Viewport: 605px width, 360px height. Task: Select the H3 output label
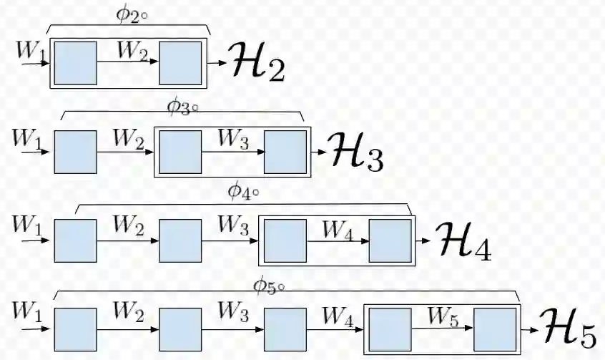click(357, 152)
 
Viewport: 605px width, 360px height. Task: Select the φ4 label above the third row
click(243, 193)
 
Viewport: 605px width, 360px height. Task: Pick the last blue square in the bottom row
click(495, 329)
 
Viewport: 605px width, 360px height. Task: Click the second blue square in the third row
click(180, 240)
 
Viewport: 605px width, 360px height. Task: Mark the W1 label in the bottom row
click(27, 312)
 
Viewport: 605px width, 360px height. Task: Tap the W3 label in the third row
click(233, 226)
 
